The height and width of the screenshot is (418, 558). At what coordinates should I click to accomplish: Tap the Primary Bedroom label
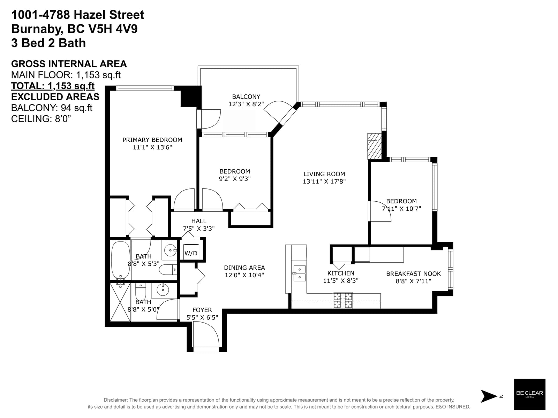click(152, 140)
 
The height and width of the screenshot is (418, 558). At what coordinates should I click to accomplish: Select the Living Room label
click(324, 174)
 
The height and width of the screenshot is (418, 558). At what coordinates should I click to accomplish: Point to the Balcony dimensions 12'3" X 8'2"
click(246, 104)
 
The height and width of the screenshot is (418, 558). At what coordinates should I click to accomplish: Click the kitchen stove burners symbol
click(343, 300)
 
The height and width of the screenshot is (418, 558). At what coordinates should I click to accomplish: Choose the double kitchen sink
click(300, 273)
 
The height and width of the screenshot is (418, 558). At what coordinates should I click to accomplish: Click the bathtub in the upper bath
click(121, 260)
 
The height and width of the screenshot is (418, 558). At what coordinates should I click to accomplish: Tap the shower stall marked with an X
click(120, 302)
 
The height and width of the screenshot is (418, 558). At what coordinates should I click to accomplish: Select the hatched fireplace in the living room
click(374, 146)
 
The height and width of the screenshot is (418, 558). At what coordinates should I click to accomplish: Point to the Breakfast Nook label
click(413, 273)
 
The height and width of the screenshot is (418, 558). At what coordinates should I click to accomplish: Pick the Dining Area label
click(244, 268)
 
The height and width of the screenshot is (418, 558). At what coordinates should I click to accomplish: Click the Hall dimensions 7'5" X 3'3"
click(199, 229)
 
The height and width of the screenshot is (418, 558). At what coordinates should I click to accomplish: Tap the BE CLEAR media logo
click(529, 394)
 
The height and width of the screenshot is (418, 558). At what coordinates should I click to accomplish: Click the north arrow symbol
click(489, 396)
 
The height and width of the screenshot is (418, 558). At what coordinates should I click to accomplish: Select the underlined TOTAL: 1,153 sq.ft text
click(53, 86)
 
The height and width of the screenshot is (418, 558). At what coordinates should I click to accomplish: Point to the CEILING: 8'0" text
click(41, 118)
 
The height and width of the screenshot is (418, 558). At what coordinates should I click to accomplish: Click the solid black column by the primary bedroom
click(191, 96)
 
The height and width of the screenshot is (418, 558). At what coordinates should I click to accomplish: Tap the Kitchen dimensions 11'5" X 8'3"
click(341, 281)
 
